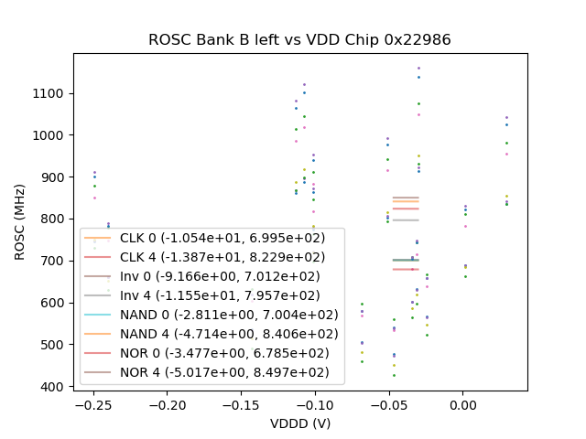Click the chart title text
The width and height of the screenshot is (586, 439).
pos(299,40)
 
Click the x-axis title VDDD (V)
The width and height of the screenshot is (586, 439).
pos(299,423)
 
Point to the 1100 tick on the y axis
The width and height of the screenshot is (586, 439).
pos(53,93)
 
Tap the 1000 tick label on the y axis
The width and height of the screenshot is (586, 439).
pos(53,135)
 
